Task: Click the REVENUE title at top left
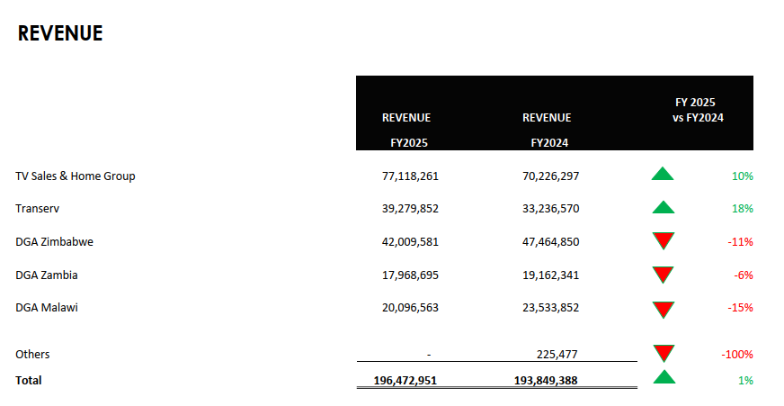point(60,34)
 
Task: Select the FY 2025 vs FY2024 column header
point(699,110)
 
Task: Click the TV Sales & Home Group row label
point(76,176)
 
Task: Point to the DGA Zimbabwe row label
point(55,241)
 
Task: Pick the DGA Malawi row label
point(47,308)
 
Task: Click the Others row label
point(32,355)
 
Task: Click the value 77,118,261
point(410,176)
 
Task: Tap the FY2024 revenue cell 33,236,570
point(550,209)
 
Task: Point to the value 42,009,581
point(410,241)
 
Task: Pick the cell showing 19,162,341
point(550,275)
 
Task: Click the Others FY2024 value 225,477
point(557,355)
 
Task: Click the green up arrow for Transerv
point(663,208)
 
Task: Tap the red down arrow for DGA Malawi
point(664,310)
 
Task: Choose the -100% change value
point(737,355)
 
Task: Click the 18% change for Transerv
point(743,209)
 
